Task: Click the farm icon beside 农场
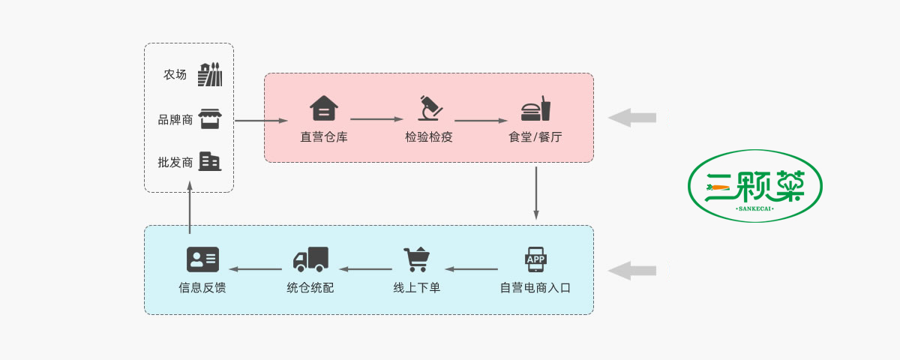point(210,75)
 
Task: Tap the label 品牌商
point(175,119)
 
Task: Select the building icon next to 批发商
point(210,161)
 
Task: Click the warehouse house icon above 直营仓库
point(324,109)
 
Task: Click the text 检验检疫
point(429,137)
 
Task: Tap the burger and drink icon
point(535,109)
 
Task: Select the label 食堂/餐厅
point(535,137)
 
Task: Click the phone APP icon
point(535,259)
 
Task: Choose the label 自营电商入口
point(535,287)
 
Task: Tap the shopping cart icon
point(417,259)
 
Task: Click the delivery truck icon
point(310,259)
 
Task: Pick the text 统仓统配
point(310,287)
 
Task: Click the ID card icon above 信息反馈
point(202,259)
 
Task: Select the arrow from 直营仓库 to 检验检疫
point(376,118)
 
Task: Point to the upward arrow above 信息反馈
point(190,210)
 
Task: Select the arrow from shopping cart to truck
point(367,268)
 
